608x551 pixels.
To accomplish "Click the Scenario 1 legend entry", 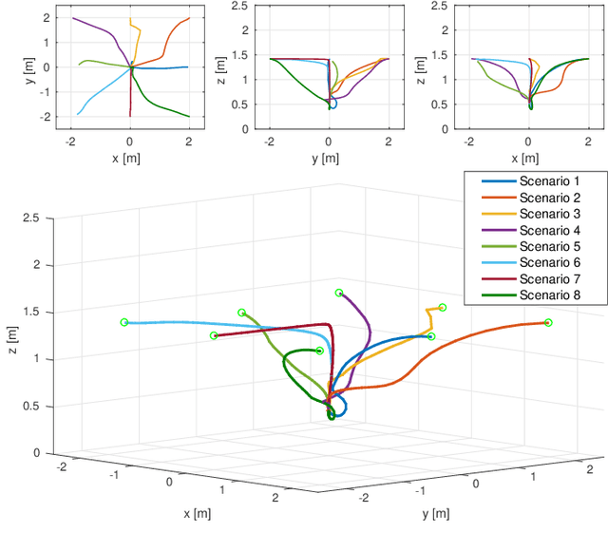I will point(548,181).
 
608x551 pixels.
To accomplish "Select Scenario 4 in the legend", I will point(548,230).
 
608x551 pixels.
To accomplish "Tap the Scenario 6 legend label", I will point(548,262).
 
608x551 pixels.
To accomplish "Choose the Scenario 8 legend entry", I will point(548,294).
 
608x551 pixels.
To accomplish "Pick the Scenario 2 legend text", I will point(548,198).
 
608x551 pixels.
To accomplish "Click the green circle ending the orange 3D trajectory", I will point(548,323).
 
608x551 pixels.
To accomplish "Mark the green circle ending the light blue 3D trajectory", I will point(124,322).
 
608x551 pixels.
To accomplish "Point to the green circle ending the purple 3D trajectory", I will point(339,293).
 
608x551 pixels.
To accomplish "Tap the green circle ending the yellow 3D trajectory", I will point(443,307).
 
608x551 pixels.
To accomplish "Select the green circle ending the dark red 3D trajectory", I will point(214,335).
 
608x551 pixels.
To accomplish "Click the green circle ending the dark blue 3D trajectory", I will point(430,336).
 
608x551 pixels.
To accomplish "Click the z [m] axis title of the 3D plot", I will point(10,334).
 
